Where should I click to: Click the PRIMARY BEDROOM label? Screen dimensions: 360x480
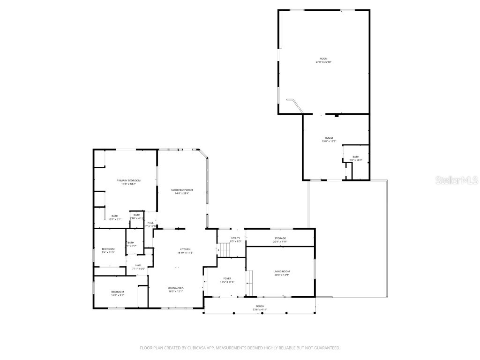click(128, 180)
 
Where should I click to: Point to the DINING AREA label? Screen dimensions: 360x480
click(176, 287)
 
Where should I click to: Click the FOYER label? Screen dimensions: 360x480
click(227, 278)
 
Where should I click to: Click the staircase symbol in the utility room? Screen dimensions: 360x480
click(224, 250)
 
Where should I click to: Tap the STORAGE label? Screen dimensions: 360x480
click(280, 238)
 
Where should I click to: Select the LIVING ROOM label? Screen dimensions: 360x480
click(282, 271)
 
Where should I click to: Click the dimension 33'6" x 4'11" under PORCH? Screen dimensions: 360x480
click(259, 310)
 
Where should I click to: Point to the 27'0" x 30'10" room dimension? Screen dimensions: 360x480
click(323, 62)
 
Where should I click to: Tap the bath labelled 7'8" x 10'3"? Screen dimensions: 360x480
click(356, 158)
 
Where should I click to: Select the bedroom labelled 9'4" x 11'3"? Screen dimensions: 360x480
click(108, 250)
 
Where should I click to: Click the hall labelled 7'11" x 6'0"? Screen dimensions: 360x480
click(139, 267)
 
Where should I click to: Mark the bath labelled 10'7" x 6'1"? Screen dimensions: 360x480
click(115, 217)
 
